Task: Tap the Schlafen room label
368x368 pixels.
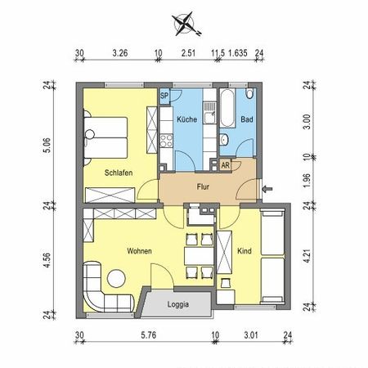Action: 119,173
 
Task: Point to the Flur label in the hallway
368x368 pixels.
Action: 204,186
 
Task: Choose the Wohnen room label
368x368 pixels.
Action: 138,251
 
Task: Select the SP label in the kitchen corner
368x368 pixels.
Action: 164,96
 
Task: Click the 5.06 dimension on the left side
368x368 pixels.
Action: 47,143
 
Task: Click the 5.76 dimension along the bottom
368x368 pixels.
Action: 147,334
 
